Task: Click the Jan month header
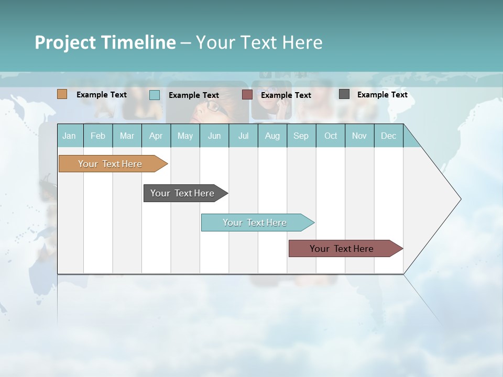(x=69, y=136)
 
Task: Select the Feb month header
(x=98, y=136)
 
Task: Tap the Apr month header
(x=156, y=136)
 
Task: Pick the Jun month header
(x=214, y=136)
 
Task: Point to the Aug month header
(x=272, y=136)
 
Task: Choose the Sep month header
(x=301, y=136)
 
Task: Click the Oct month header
(x=331, y=136)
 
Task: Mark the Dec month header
(x=388, y=136)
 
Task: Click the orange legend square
(x=62, y=94)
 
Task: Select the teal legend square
(x=155, y=95)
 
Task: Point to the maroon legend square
(x=247, y=94)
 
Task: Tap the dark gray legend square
(x=344, y=94)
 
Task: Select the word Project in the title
(x=65, y=42)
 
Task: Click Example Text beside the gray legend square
(x=382, y=95)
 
